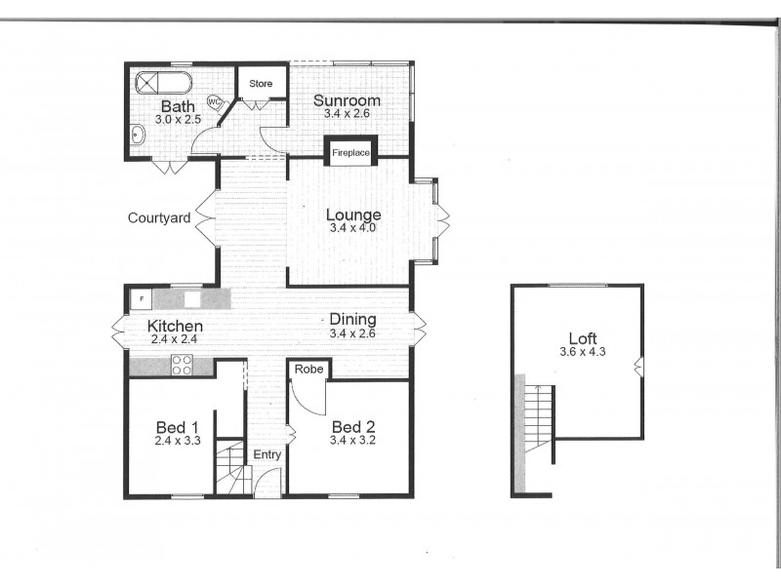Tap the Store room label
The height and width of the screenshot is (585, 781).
pos(261,84)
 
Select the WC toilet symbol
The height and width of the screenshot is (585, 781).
pos(214,99)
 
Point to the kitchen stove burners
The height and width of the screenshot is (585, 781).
pos(183,366)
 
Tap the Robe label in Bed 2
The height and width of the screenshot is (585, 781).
pos(308,370)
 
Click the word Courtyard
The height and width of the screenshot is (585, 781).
pos(158,218)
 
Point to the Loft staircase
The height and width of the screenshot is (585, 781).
pos(538,419)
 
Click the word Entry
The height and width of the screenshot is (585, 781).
pos(267,455)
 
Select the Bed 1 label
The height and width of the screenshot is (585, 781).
pos(177,426)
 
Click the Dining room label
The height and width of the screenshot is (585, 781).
pos(352,319)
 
